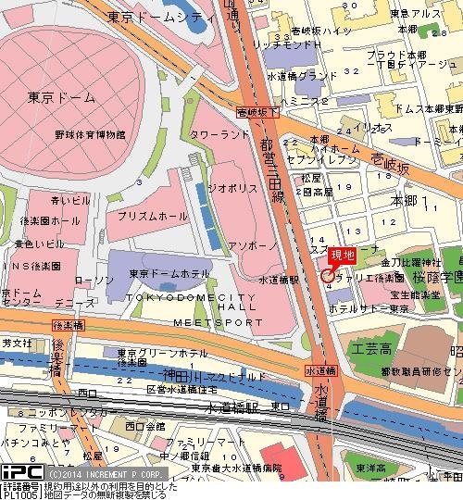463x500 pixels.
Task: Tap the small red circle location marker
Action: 327,274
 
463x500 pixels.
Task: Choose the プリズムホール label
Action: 147,213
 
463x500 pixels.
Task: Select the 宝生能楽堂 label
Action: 413,294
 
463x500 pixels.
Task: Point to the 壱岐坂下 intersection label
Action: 256,111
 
